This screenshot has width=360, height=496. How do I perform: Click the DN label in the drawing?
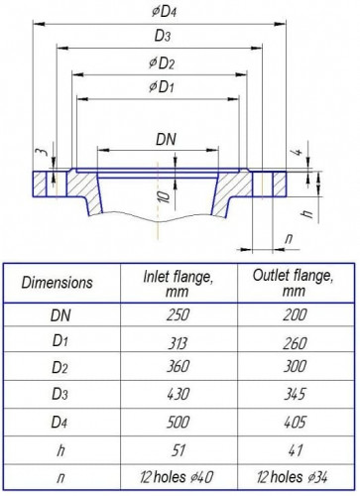click(x=166, y=139)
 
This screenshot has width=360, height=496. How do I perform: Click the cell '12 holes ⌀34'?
click(x=294, y=479)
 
